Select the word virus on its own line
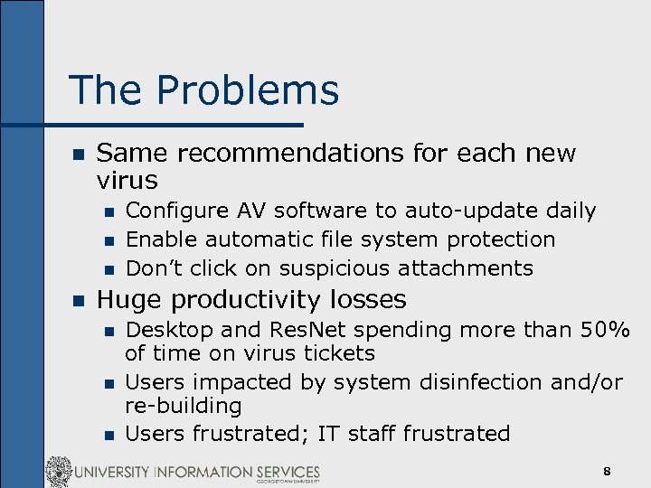(127, 180)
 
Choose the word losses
(366, 299)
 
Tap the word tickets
(334, 353)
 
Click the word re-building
(184, 407)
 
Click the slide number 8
(608, 471)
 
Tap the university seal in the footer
(60, 471)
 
